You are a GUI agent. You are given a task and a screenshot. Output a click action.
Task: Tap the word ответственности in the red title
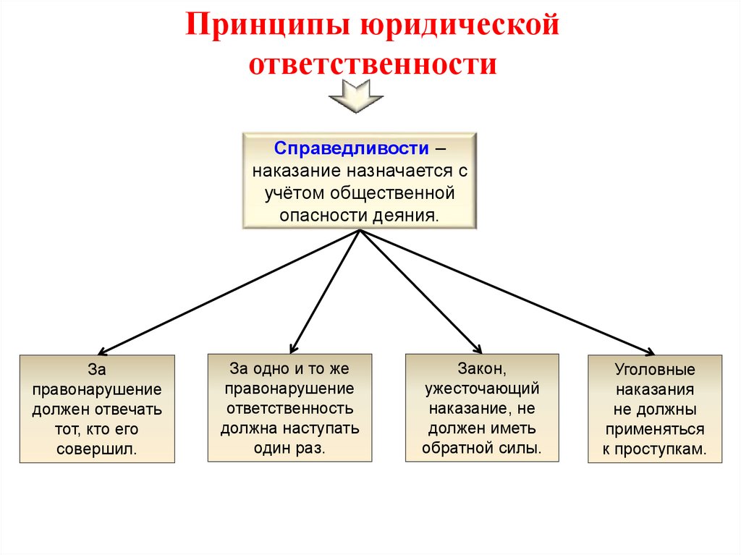(373, 64)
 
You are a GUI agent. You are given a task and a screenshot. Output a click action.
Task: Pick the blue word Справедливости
(350, 148)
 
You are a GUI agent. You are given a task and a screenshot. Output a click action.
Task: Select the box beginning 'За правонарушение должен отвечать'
(97, 409)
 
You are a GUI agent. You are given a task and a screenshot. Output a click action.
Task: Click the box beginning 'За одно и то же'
(289, 407)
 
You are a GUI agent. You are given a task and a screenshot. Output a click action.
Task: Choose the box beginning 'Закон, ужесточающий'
(482, 407)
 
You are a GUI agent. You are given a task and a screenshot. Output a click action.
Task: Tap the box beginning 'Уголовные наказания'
(655, 409)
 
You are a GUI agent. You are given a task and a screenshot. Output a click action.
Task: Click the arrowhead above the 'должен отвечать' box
(101, 349)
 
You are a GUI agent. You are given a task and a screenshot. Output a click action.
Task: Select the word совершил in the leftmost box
(97, 449)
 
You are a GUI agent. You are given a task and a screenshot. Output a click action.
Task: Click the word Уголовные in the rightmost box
(655, 369)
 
